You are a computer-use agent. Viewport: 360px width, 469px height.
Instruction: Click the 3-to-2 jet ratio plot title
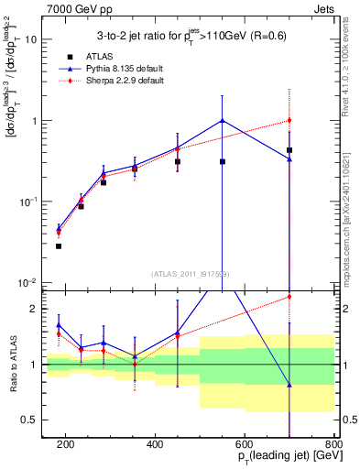(x=189, y=36)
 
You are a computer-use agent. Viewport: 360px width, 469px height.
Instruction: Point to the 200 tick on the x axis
(x=66, y=444)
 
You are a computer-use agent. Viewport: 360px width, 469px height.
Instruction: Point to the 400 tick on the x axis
(x=155, y=444)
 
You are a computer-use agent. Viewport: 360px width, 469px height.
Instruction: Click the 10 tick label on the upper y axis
(x=33, y=40)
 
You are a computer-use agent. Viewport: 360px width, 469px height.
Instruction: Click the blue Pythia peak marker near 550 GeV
(x=223, y=121)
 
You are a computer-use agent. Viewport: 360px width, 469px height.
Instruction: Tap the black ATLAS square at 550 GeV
(x=223, y=161)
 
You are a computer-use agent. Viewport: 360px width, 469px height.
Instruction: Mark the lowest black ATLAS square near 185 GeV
(x=59, y=245)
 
